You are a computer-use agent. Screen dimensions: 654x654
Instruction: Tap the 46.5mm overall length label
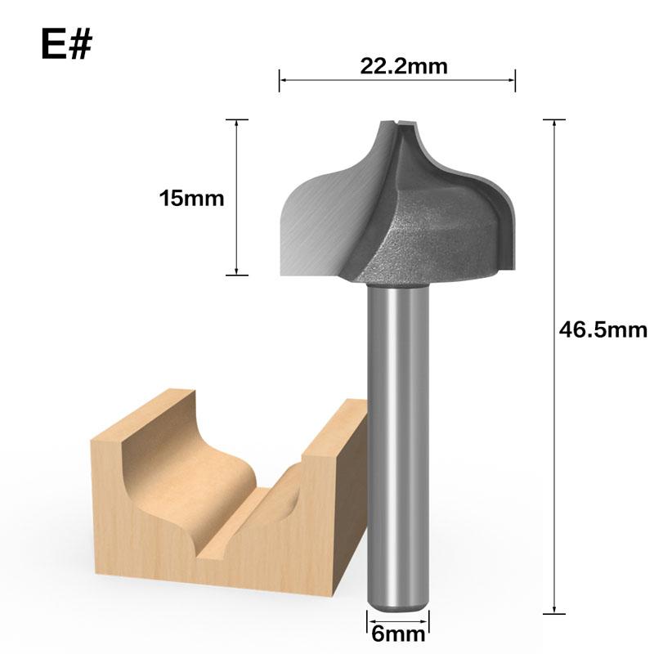click(603, 329)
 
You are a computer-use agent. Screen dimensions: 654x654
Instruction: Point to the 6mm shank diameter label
click(397, 634)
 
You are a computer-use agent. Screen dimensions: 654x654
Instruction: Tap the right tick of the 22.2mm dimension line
click(515, 80)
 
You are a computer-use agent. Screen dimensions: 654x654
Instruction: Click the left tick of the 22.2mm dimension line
click(280, 80)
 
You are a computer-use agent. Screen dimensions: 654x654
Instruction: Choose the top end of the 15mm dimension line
click(236, 120)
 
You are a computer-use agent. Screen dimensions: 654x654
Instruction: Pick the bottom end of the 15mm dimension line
click(236, 275)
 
